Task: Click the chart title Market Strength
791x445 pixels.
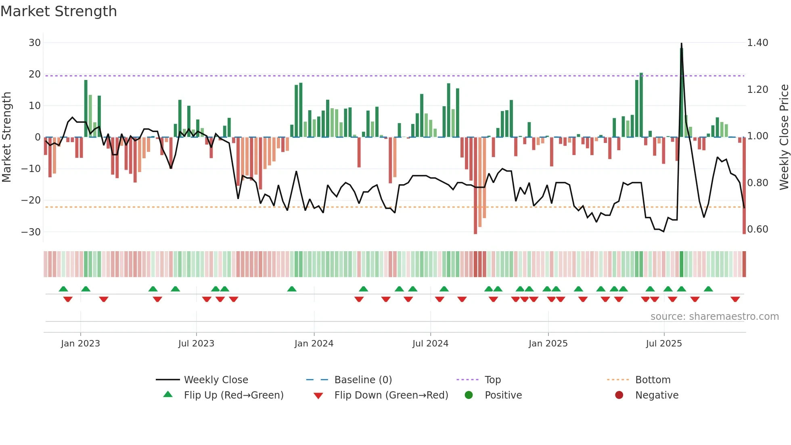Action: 59,11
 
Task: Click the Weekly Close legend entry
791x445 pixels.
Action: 216,380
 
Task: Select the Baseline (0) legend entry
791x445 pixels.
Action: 363,380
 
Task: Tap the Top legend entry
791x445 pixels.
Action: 492,380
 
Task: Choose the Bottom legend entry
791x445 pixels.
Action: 653,380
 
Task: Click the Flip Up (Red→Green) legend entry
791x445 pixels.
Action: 233,395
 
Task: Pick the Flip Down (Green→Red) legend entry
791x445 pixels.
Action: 391,395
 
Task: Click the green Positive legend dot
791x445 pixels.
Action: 469,395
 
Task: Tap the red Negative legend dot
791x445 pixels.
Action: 619,395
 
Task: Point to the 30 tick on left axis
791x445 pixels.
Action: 35,43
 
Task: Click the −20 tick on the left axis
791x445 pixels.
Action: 31,200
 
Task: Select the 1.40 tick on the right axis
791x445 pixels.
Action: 758,43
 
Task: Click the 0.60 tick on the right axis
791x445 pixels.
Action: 758,229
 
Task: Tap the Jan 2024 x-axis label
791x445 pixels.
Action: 314,344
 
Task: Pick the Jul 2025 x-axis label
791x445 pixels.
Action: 664,344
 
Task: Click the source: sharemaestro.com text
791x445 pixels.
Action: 714,317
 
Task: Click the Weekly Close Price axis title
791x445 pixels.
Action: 784,137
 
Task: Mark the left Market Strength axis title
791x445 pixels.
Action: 7,137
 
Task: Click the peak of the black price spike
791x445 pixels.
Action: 682,44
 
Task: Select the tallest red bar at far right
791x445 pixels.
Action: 744,186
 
